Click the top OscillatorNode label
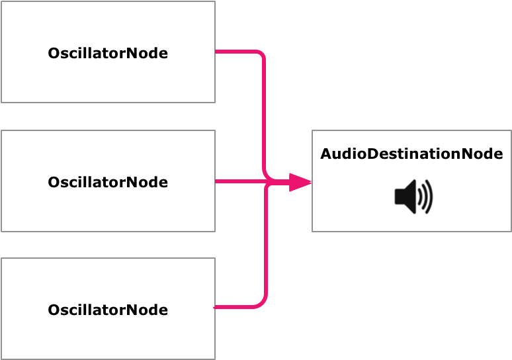point(108,54)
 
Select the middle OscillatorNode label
point(108,182)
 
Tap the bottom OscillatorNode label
point(108,310)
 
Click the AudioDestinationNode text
point(411,154)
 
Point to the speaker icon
point(413,197)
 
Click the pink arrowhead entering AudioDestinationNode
point(300,181)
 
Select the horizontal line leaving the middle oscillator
point(238,181)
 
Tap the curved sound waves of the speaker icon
point(426,197)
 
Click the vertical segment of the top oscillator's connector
point(265,112)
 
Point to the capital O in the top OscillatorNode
point(54,54)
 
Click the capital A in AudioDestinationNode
point(326,154)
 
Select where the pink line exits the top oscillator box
point(217,52)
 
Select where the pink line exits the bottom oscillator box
point(216,308)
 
